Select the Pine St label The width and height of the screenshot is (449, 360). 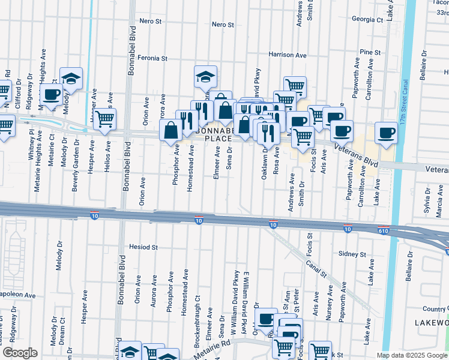(370, 53)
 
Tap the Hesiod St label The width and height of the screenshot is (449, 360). (143, 247)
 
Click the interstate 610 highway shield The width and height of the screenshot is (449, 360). (384, 230)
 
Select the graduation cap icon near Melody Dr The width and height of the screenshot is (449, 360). (71, 79)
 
